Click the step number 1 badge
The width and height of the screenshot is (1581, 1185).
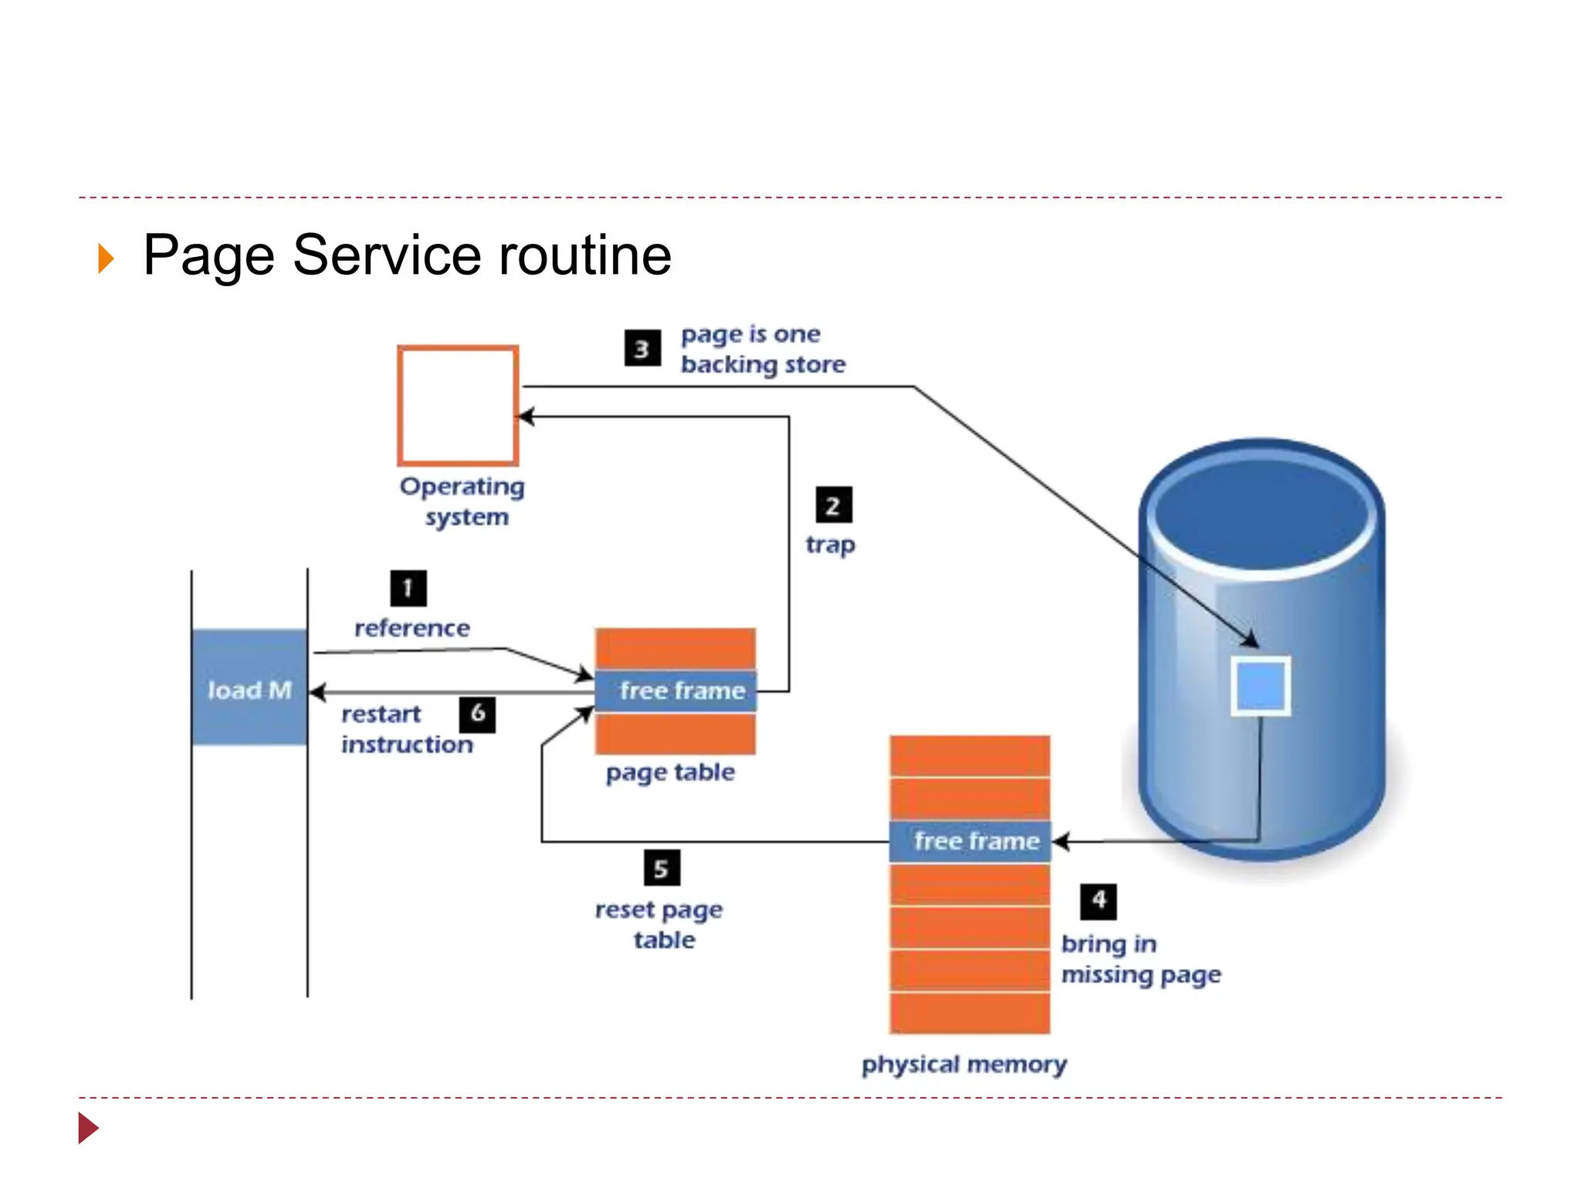coord(408,589)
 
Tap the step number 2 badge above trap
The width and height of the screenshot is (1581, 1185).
coord(833,506)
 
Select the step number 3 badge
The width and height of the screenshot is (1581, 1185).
coord(642,349)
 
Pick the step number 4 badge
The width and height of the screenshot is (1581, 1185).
coord(1098,901)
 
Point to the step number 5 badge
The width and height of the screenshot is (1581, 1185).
coord(662,869)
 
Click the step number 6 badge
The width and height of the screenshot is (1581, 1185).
coord(477,714)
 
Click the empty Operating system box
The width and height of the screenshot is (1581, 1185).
coord(458,406)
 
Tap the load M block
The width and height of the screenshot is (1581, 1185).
coord(249,688)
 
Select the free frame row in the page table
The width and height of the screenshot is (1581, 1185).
coord(675,690)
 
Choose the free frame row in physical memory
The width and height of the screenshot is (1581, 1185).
coord(970,841)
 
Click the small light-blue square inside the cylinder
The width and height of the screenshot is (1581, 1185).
coord(1260,686)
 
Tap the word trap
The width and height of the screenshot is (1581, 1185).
coord(830,545)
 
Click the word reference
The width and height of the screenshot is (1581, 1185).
coord(411,628)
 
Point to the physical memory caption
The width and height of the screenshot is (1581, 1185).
coord(963,1065)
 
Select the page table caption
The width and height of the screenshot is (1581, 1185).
coord(670,772)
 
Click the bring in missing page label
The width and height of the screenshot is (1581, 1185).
coord(1140,960)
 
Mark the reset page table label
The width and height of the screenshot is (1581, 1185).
coord(659,925)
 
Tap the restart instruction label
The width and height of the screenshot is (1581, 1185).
coord(407,729)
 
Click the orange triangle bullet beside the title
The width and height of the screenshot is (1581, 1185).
coord(106,258)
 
